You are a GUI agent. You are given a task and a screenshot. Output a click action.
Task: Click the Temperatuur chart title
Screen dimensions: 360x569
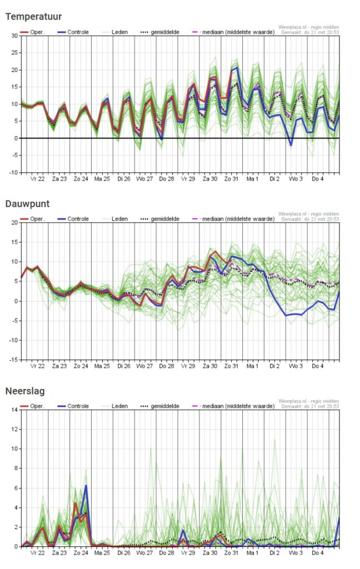click(x=33, y=17)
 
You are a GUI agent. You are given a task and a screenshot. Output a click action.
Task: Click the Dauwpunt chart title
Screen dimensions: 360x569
click(x=28, y=204)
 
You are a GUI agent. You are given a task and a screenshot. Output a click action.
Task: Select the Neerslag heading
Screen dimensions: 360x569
click(x=25, y=391)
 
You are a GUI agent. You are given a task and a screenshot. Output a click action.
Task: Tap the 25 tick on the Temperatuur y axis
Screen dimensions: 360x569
click(x=14, y=53)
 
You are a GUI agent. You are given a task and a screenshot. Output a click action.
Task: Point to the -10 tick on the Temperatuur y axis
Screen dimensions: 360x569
click(x=13, y=172)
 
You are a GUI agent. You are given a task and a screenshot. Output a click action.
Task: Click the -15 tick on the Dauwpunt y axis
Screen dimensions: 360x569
click(x=13, y=360)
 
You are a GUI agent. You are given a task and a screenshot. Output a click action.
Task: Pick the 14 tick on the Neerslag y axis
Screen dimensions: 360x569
click(x=14, y=410)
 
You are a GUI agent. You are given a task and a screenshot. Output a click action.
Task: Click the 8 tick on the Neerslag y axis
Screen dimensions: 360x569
click(x=16, y=468)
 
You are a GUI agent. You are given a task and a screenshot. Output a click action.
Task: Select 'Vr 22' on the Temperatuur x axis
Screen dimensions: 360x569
click(x=38, y=179)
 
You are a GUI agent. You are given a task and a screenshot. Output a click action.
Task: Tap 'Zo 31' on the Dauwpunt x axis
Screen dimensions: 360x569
click(x=231, y=366)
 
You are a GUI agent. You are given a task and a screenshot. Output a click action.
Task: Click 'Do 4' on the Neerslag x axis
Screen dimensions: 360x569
click(x=318, y=553)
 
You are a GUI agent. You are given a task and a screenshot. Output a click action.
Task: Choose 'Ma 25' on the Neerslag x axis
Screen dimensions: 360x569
click(x=102, y=553)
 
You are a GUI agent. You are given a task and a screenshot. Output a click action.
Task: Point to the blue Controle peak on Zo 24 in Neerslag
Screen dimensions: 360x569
click(x=86, y=486)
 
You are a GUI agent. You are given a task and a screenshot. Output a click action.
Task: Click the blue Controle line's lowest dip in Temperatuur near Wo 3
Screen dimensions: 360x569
click(x=291, y=145)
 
